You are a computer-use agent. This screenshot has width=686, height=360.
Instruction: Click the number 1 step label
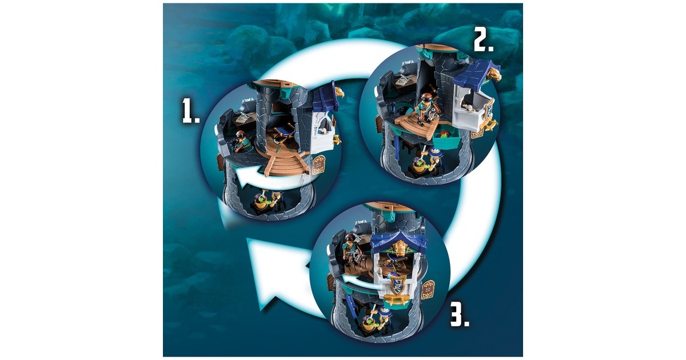point(190,112)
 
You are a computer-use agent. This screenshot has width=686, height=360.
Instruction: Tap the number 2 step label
point(484,41)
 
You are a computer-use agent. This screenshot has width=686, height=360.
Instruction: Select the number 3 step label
point(460,315)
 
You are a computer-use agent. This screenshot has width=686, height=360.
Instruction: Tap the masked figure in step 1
point(241,142)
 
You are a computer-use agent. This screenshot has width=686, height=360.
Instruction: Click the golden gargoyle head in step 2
point(494,74)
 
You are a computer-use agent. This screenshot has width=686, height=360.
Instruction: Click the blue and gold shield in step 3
point(397,285)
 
